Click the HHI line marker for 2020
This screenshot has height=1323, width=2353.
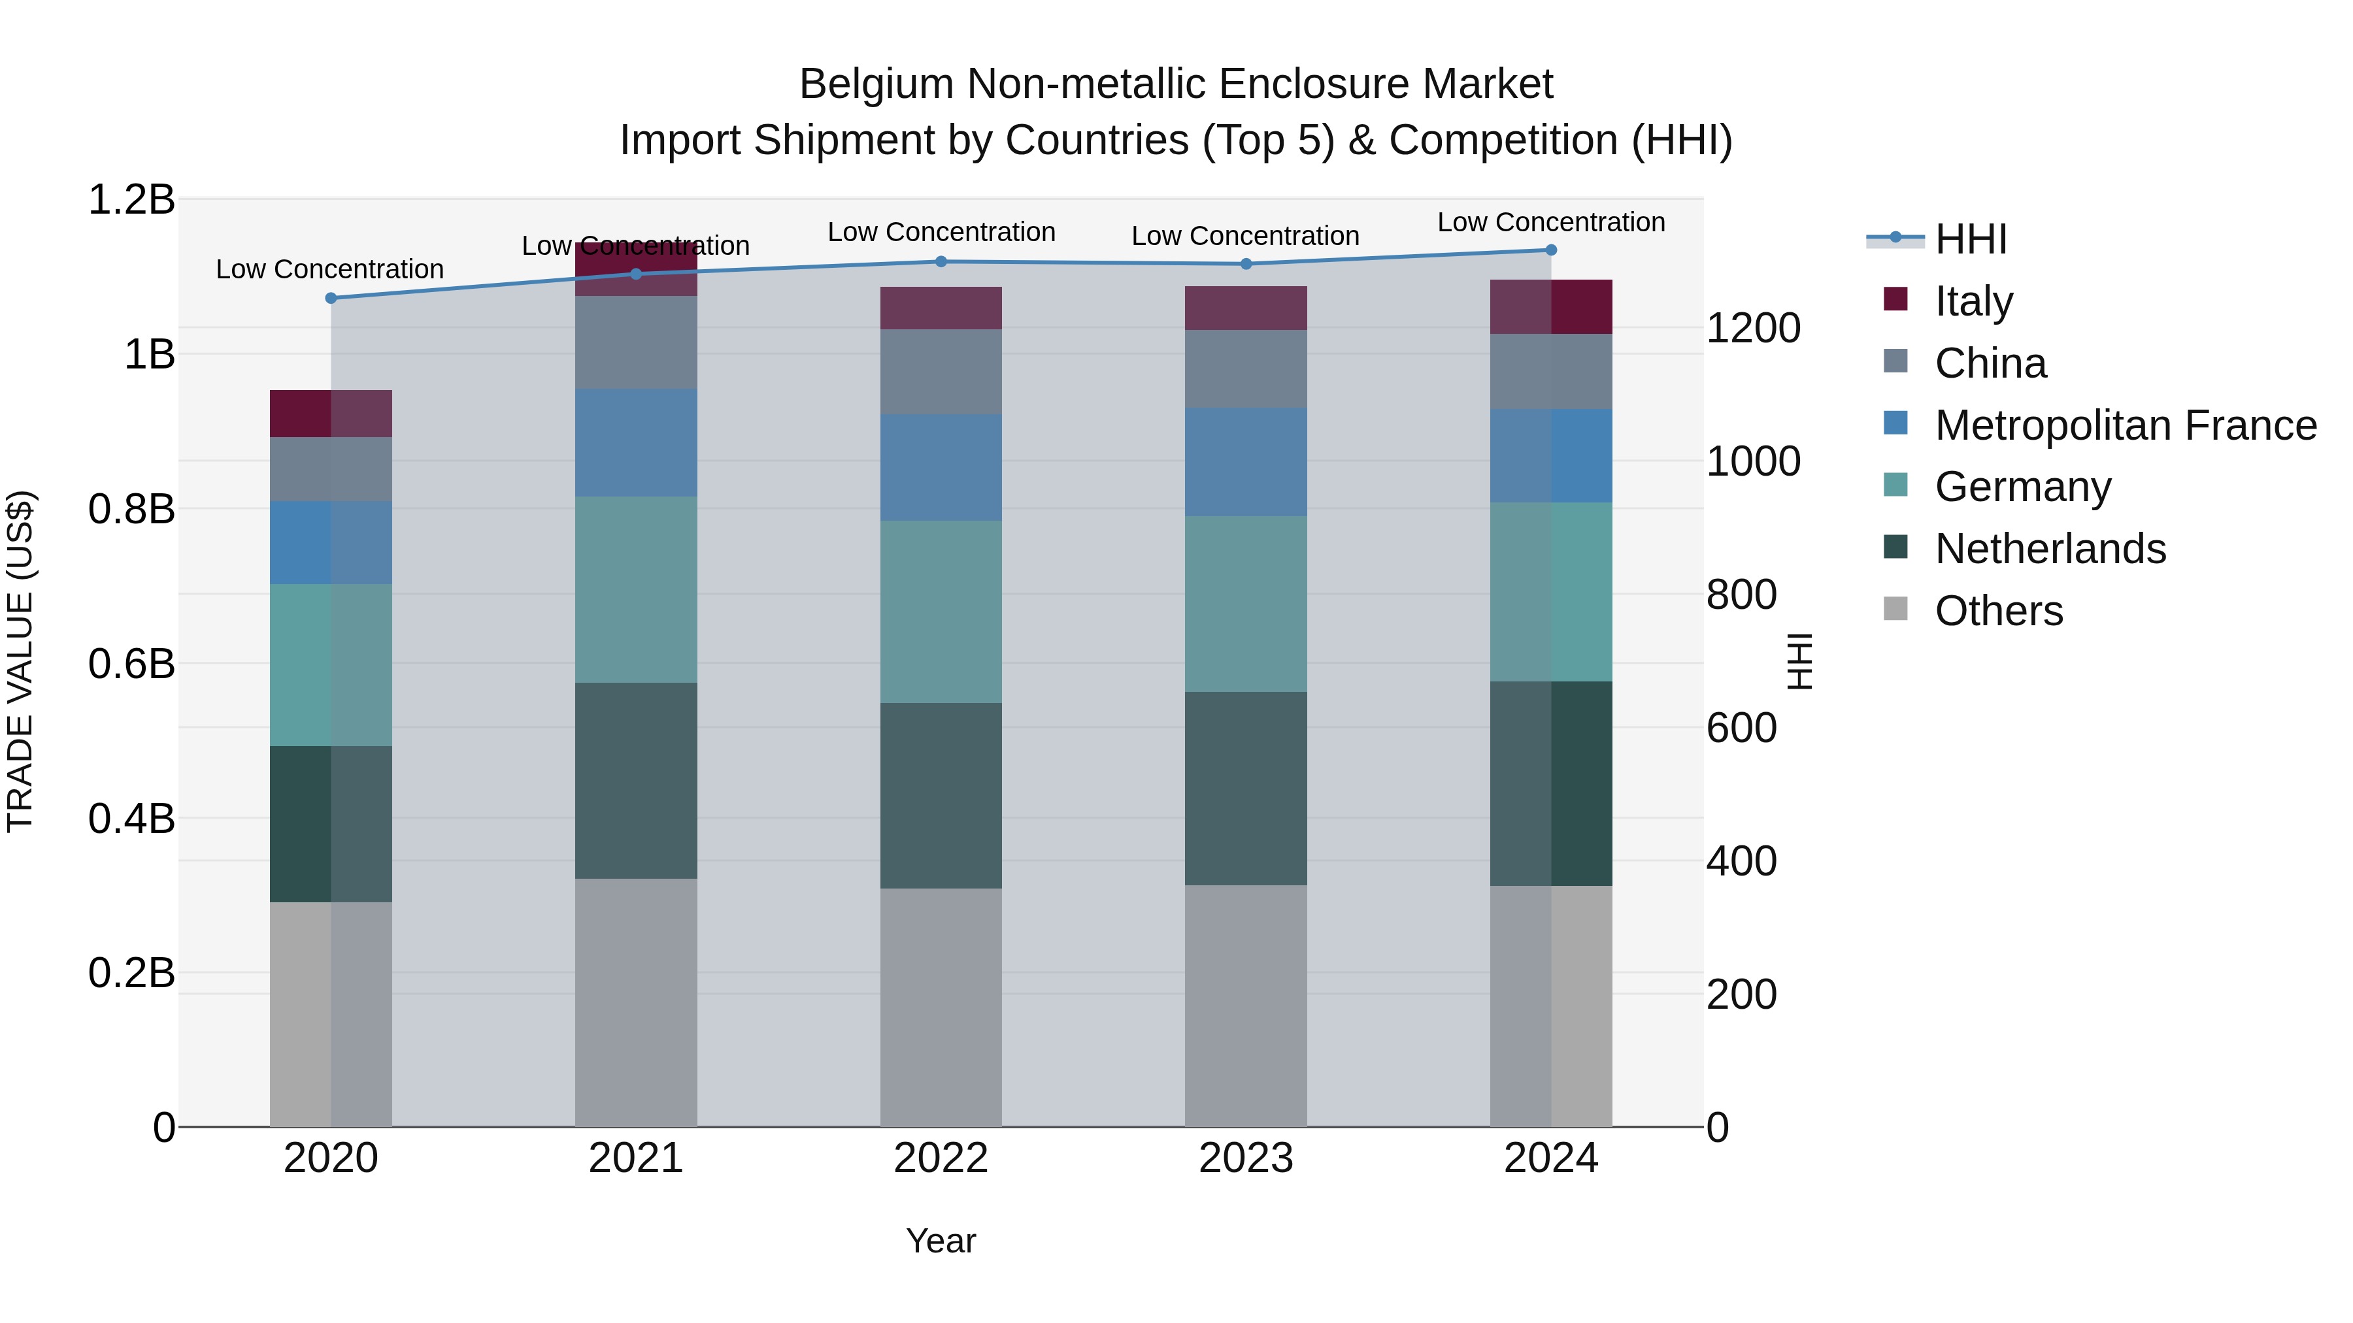coord(331,298)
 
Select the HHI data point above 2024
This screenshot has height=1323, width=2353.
coord(1551,250)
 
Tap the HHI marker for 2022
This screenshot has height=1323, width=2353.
coord(941,261)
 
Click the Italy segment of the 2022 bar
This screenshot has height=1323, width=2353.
coord(941,308)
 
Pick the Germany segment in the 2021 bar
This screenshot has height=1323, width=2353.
coord(636,589)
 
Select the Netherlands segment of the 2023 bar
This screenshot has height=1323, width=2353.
coord(1246,788)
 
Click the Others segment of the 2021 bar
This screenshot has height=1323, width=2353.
coord(636,1002)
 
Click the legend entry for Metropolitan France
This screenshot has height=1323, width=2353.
coord(2125,425)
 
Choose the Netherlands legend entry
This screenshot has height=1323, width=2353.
coord(2050,548)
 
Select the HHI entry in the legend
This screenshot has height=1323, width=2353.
coord(1970,239)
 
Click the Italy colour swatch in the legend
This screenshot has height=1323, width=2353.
coord(1895,299)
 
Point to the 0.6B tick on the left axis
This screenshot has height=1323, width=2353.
coord(131,664)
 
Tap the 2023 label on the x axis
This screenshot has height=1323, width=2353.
coord(1246,1158)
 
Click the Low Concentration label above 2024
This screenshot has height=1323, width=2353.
coord(1551,222)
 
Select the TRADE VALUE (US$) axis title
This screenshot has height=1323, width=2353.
coord(20,662)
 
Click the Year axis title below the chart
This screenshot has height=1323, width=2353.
coord(941,1241)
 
